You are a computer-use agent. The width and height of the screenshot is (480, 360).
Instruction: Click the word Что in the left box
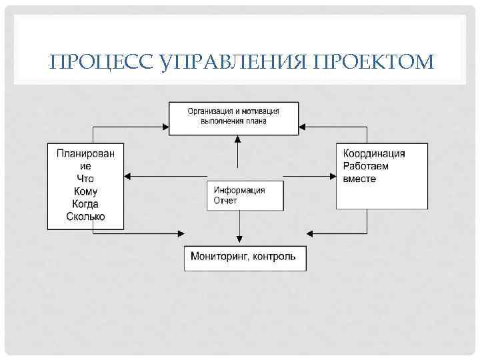85,179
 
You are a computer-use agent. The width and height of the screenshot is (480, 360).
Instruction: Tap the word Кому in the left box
85,191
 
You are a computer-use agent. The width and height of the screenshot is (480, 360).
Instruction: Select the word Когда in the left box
85,204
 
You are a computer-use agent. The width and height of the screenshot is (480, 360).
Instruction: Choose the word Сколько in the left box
85,217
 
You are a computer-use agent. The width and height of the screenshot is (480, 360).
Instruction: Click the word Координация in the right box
374,153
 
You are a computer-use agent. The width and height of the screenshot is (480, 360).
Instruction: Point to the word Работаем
365,166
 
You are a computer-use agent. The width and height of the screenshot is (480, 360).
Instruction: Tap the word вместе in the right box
360,179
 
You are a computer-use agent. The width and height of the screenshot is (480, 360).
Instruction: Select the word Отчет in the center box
225,201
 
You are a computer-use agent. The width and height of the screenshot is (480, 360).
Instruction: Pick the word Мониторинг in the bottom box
218,256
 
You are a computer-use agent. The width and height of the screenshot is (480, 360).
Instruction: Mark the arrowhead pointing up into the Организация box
237,139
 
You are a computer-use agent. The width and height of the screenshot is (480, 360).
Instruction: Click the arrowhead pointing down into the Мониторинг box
239,242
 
